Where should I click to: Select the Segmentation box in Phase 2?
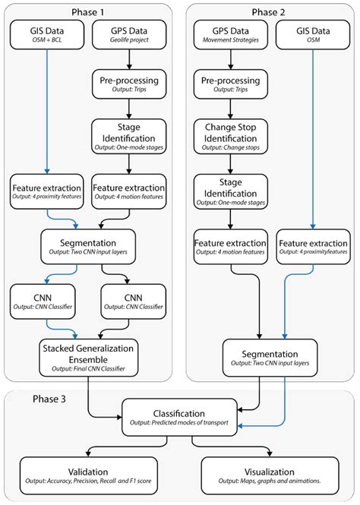(269, 353)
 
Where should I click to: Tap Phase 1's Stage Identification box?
(128, 134)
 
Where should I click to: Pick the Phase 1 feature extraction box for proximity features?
(47, 193)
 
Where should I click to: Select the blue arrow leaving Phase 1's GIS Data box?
(46, 114)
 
